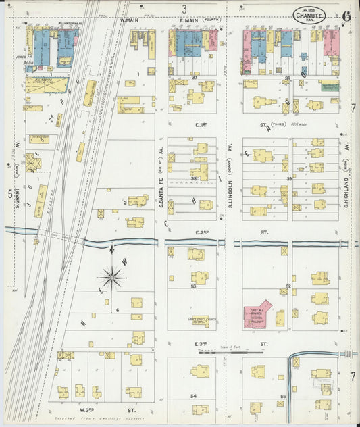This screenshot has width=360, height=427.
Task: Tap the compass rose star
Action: pyautogui.click(x=111, y=276)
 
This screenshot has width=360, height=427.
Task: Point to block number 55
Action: pyautogui.click(x=284, y=395)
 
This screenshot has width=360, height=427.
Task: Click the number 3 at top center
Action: pyautogui.click(x=184, y=9)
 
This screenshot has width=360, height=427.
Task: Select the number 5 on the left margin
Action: pyautogui.click(x=9, y=194)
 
